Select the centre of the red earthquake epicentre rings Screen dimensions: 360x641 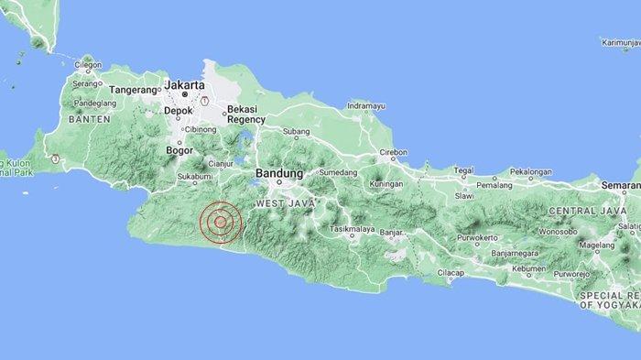click(x=220, y=222)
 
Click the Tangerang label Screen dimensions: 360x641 click(x=135, y=91)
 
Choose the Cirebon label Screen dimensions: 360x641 click(x=393, y=152)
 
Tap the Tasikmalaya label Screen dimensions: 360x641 click(x=354, y=227)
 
